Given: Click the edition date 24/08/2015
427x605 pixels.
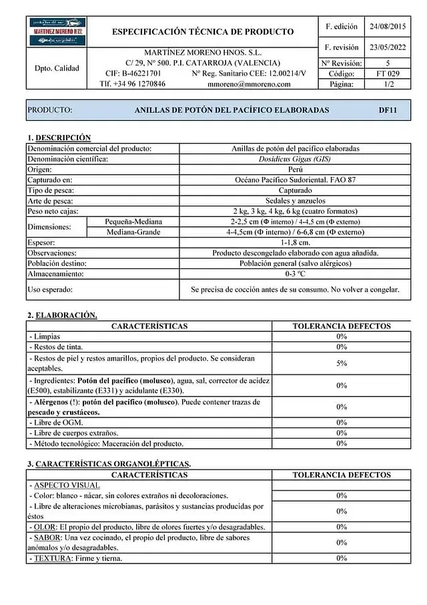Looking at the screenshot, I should click(x=387, y=27).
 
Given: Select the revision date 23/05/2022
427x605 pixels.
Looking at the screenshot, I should click(x=387, y=47).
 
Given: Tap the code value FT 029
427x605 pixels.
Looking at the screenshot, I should click(x=388, y=73).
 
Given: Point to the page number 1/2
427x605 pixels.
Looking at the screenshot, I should click(x=388, y=84).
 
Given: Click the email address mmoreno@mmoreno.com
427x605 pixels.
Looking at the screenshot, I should click(x=249, y=84).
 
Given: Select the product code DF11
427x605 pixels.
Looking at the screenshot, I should click(x=388, y=110).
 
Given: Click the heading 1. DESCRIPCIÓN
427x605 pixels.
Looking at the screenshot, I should click(x=59, y=138).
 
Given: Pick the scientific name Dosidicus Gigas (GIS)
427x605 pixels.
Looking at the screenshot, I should click(x=294, y=159).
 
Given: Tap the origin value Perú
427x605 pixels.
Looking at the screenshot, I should click(x=294, y=170).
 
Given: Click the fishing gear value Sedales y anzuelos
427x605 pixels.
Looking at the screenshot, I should click(x=294, y=201).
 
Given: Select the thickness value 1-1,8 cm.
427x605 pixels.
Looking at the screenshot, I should click(x=294, y=242).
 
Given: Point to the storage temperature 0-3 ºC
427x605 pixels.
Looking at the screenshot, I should click(x=294, y=274).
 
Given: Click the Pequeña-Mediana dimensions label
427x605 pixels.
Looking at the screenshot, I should click(x=133, y=222).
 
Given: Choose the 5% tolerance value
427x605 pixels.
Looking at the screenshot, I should click(x=342, y=363).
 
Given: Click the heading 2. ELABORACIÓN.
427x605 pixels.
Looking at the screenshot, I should click(x=62, y=315).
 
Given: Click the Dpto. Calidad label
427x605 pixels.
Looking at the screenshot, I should click(x=57, y=68).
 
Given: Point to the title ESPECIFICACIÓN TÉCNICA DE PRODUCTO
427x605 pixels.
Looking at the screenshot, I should click(x=203, y=31).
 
